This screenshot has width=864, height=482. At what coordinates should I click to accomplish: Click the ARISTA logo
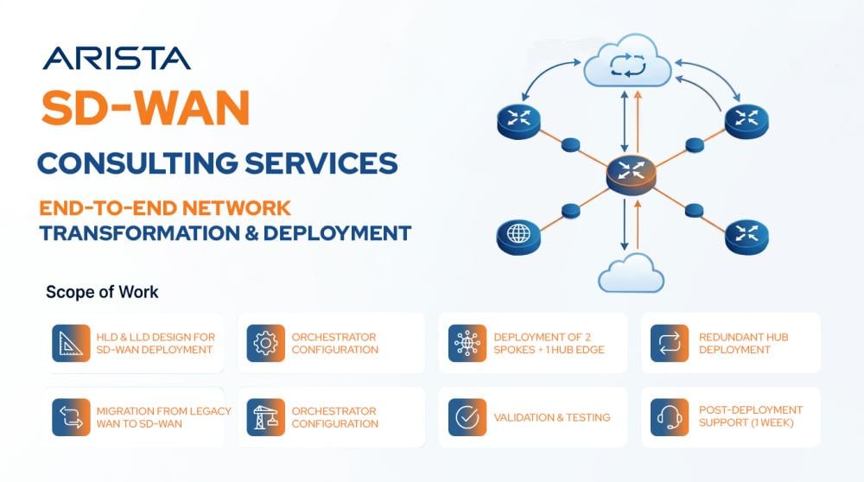click(117, 59)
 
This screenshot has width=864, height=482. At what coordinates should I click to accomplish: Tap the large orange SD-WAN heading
click(146, 107)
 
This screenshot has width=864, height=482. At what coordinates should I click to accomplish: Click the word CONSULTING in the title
click(137, 163)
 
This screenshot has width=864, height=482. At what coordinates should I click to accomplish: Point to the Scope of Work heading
click(102, 292)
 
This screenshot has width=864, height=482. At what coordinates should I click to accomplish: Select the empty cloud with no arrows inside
click(631, 273)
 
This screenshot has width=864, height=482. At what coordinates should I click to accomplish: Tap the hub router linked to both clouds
click(631, 175)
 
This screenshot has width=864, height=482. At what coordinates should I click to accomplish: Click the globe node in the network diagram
click(518, 237)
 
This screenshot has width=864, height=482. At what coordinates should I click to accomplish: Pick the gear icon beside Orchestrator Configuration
click(265, 343)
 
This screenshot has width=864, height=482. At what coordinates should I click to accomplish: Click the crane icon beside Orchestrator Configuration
click(265, 417)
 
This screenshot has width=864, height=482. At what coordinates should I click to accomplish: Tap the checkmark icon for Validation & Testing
click(467, 417)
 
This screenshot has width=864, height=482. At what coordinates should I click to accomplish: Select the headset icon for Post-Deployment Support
click(670, 417)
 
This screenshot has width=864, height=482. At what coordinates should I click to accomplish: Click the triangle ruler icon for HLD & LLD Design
click(71, 343)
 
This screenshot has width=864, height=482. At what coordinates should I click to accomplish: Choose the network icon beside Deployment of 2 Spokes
click(467, 343)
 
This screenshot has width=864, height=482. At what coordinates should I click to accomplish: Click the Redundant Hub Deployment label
click(743, 343)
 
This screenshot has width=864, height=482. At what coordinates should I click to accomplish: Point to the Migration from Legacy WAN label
click(163, 417)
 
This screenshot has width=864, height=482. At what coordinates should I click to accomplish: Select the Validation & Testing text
click(552, 417)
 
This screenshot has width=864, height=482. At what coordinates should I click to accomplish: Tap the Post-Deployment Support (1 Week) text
click(751, 416)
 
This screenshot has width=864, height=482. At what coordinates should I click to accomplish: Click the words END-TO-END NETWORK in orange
click(165, 208)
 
